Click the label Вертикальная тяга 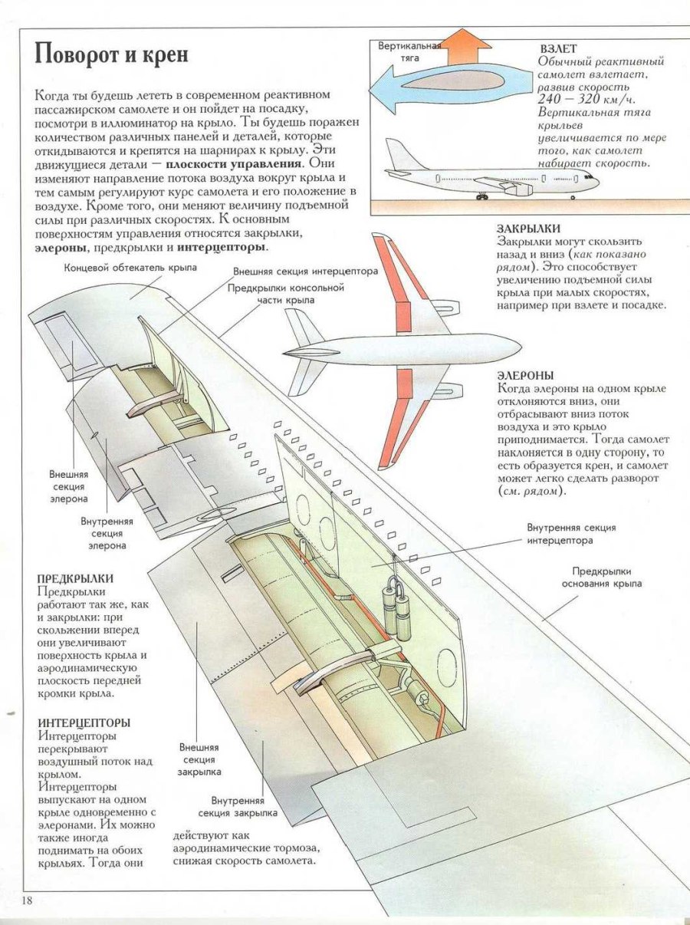point(409,51)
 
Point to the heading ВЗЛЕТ point(557,48)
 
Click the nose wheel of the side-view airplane point(572,197)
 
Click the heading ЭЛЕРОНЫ point(525,376)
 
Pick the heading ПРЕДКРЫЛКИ point(75,578)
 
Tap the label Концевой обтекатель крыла point(130,268)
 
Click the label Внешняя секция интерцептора point(306,272)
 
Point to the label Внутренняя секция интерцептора point(571,534)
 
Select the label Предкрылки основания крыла point(602,578)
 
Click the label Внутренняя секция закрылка point(238,807)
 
